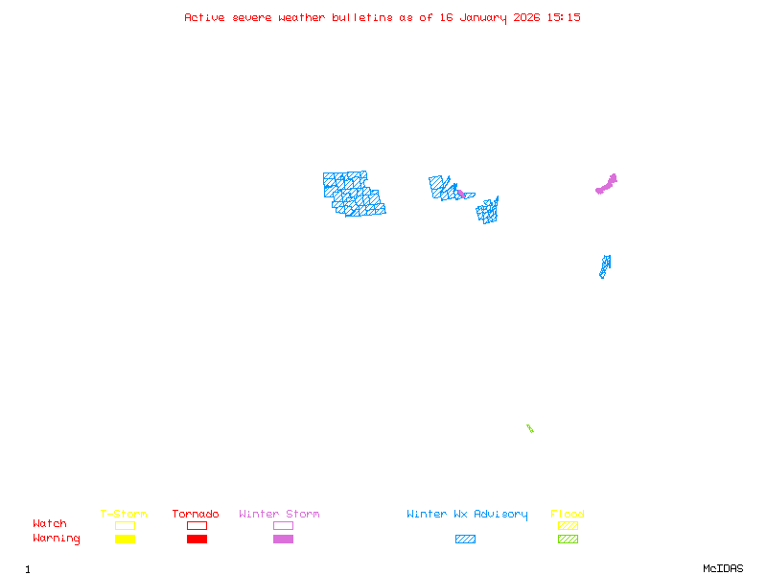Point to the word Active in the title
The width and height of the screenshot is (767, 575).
pos(204,17)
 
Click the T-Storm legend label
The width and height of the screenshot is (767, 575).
pos(124,515)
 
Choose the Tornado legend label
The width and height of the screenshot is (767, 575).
pos(197,515)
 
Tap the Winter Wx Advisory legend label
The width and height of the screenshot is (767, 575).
pos(467,515)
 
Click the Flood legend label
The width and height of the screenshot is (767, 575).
pos(568,515)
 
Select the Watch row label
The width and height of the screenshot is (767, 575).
pos(50,524)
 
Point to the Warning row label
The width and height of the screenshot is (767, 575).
pos(57,539)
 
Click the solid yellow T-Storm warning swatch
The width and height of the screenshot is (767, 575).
pos(125,540)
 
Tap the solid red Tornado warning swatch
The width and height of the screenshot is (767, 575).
pos(197,540)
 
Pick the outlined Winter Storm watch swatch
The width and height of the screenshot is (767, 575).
pos(283,525)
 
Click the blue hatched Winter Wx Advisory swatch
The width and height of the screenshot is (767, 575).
pos(465,540)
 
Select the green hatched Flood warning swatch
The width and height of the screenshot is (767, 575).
pos(568,540)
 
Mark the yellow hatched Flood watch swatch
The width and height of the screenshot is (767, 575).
pos(568,525)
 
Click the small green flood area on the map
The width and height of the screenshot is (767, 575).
pos(529,428)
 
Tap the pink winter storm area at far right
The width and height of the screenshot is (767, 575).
pos(607,183)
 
